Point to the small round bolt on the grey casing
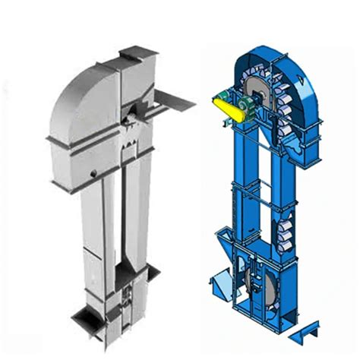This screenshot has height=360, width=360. click(x=92, y=174)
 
